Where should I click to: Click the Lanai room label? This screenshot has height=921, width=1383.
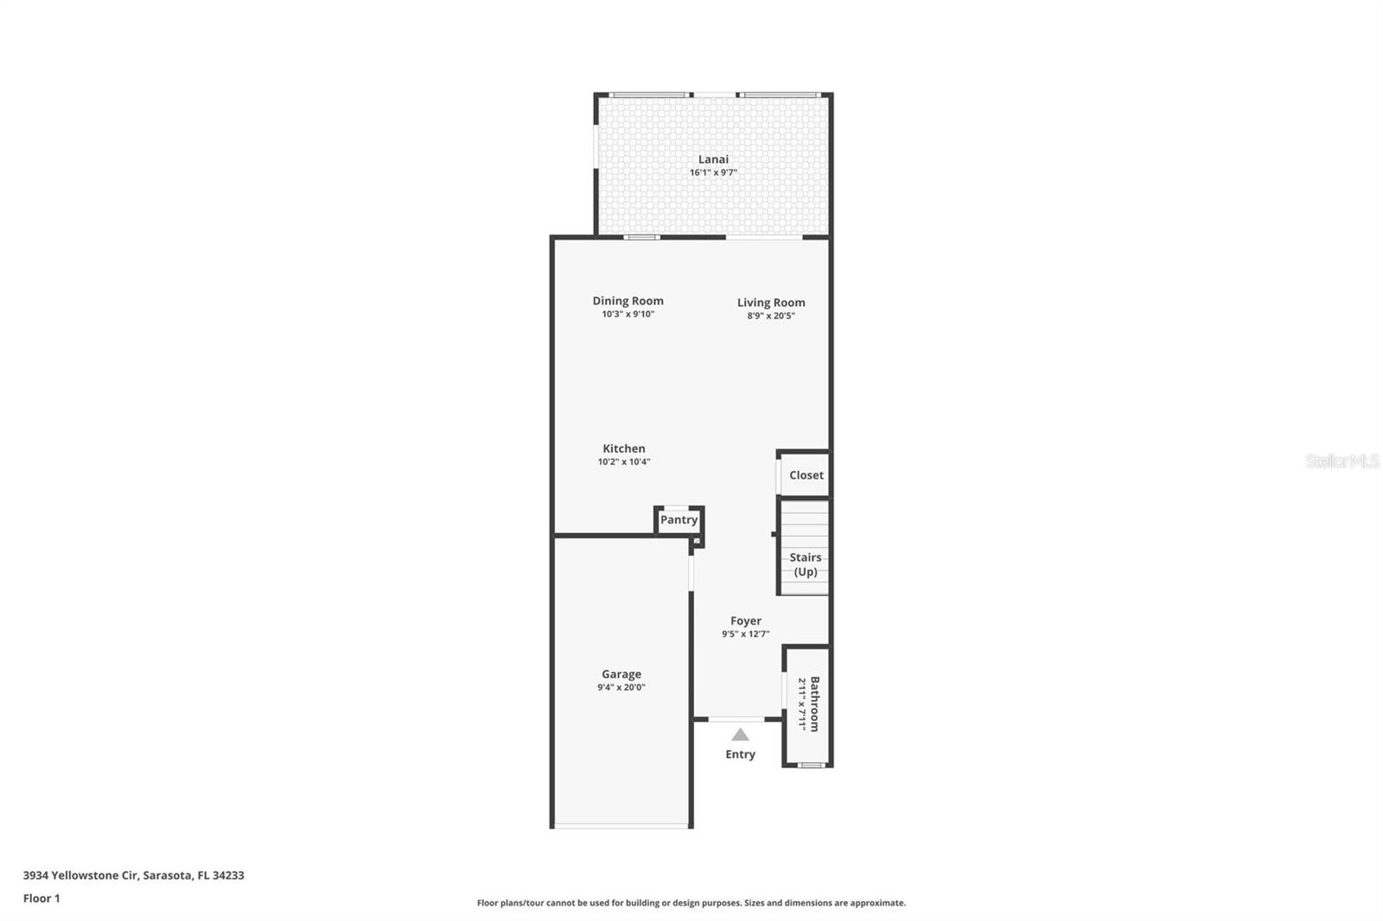[x=713, y=159]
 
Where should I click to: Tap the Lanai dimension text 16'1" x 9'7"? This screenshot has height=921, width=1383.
[x=713, y=173]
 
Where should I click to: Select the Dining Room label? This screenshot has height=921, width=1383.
[x=628, y=301]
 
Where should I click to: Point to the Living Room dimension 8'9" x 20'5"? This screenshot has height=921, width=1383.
[x=771, y=316]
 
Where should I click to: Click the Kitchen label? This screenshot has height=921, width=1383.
[x=624, y=448]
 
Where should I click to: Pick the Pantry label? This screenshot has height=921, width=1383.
[x=679, y=520]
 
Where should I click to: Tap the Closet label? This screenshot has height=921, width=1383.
[x=806, y=475]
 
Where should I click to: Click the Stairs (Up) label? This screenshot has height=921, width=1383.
[x=806, y=564]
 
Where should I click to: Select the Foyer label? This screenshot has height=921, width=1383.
[x=746, y=620]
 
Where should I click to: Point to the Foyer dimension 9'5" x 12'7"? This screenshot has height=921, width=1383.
[x=746, y=634]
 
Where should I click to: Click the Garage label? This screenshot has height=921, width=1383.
[x=621, y=674]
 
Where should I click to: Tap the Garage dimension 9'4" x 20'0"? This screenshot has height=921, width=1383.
[x=621, y=688]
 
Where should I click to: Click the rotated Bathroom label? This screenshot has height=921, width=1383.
[x=814, y=704]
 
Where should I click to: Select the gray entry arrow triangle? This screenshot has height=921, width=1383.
[x=740, y=735]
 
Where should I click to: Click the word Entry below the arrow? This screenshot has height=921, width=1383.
[x=740, y=754]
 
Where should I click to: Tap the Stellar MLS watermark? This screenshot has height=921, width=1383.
[x=1342, y=461]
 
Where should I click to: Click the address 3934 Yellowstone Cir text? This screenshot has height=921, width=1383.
[x=133, y=875]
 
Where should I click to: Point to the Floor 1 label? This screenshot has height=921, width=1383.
[x=41, y=899]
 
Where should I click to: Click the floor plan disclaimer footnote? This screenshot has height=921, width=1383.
[x=691, y=903]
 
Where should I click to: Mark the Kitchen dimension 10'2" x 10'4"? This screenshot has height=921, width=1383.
[x=624, y=462]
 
